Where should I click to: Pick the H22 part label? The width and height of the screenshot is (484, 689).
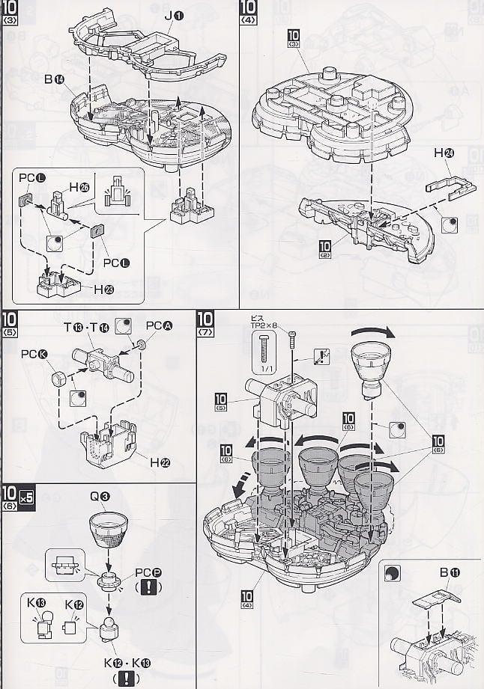[x=160, y=462]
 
